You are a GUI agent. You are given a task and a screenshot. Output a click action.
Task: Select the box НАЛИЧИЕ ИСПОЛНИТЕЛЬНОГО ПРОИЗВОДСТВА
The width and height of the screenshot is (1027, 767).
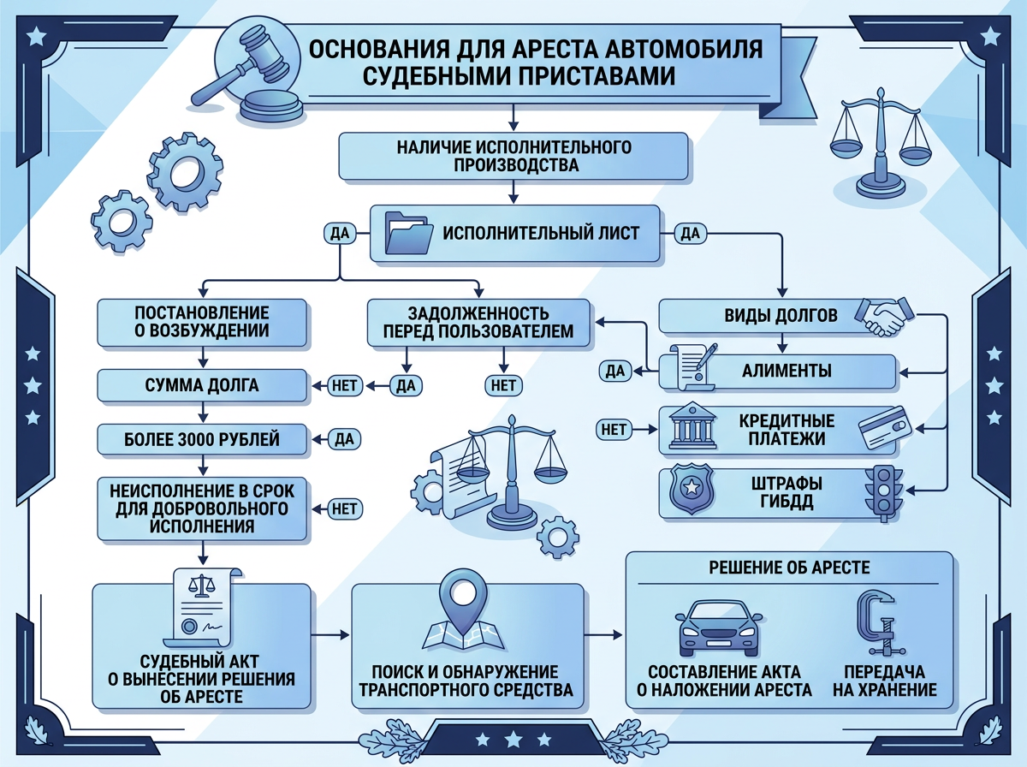513,155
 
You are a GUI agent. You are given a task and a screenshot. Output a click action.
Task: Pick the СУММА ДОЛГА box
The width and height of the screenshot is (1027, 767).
202,385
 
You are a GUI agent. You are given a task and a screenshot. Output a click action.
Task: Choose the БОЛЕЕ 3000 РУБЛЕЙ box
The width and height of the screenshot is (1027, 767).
202,439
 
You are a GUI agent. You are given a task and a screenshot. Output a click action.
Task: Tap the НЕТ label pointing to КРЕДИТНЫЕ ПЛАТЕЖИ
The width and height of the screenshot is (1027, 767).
614,429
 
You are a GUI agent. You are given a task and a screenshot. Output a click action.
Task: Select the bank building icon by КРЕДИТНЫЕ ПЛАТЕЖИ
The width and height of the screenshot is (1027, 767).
692,429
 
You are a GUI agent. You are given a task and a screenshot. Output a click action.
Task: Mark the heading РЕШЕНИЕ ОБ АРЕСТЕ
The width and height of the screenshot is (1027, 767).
789,568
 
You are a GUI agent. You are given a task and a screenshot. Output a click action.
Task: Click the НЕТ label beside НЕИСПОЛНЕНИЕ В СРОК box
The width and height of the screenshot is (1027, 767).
344,508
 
